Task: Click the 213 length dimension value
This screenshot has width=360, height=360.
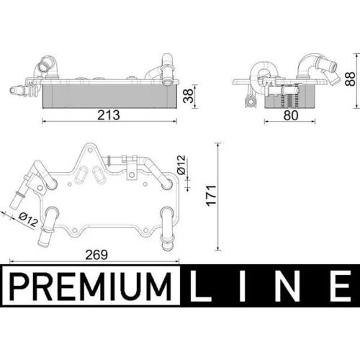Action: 109,115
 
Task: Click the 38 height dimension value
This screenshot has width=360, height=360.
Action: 188,96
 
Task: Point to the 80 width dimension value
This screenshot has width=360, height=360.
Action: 291,115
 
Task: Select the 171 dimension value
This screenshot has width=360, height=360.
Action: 212,195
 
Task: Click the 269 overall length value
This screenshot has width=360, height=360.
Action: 96,255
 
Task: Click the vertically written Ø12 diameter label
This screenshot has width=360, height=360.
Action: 181,165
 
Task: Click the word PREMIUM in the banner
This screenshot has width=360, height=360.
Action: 91,287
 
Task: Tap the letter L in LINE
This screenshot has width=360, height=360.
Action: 201,286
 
